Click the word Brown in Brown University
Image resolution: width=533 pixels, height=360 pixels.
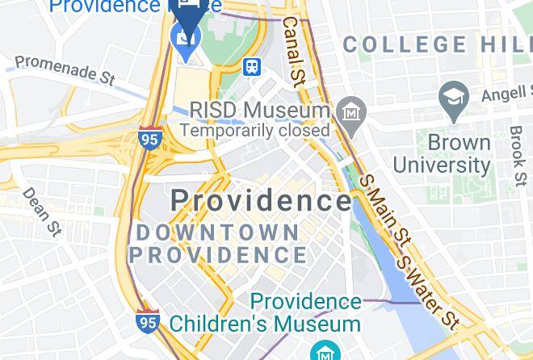tap(459, 143)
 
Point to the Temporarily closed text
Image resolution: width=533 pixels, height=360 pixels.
tap(254, 130)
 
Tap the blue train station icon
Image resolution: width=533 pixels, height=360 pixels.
tap(251, 67)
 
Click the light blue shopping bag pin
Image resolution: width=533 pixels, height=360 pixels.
tap(187, 39)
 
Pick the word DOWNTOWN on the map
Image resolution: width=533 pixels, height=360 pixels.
tap(217, 233)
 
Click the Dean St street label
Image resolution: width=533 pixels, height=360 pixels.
tap(42, 211)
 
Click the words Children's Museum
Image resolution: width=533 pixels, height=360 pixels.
tap(265, 324)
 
